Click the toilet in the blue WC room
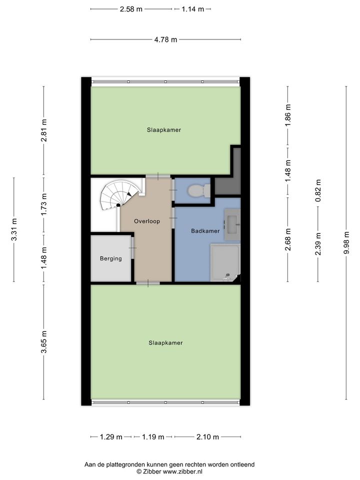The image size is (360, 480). click(x=198, y=190)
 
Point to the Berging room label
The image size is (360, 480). click(x=111, y=258)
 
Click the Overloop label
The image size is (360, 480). click(x=147, y=221)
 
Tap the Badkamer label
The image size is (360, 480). click(x=205, y=231)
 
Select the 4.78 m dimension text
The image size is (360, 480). click(x=165, y=39)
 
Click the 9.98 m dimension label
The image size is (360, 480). click(x=346, y=242)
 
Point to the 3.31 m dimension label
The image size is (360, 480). click(x=14, y=229)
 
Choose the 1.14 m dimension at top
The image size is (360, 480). click(x=193, y=9)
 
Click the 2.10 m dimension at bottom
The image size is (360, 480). click(x=207, y=437)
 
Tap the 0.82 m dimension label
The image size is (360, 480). click(x=318, y=190)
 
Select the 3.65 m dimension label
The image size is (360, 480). click(x=44, y=341)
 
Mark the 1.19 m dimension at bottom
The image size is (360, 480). click(x=153, y=437)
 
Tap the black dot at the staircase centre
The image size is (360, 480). click(x=118, y=205)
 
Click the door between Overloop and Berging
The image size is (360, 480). click(x=132, y=247)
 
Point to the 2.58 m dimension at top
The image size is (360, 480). click(x=131, y=9)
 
